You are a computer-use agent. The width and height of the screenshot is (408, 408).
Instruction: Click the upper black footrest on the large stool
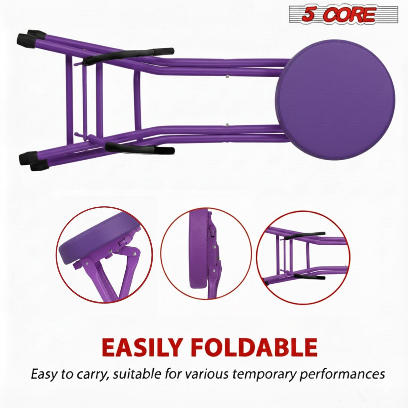click(130, 55)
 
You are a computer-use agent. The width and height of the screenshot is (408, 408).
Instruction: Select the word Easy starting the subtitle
click(43, 374)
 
